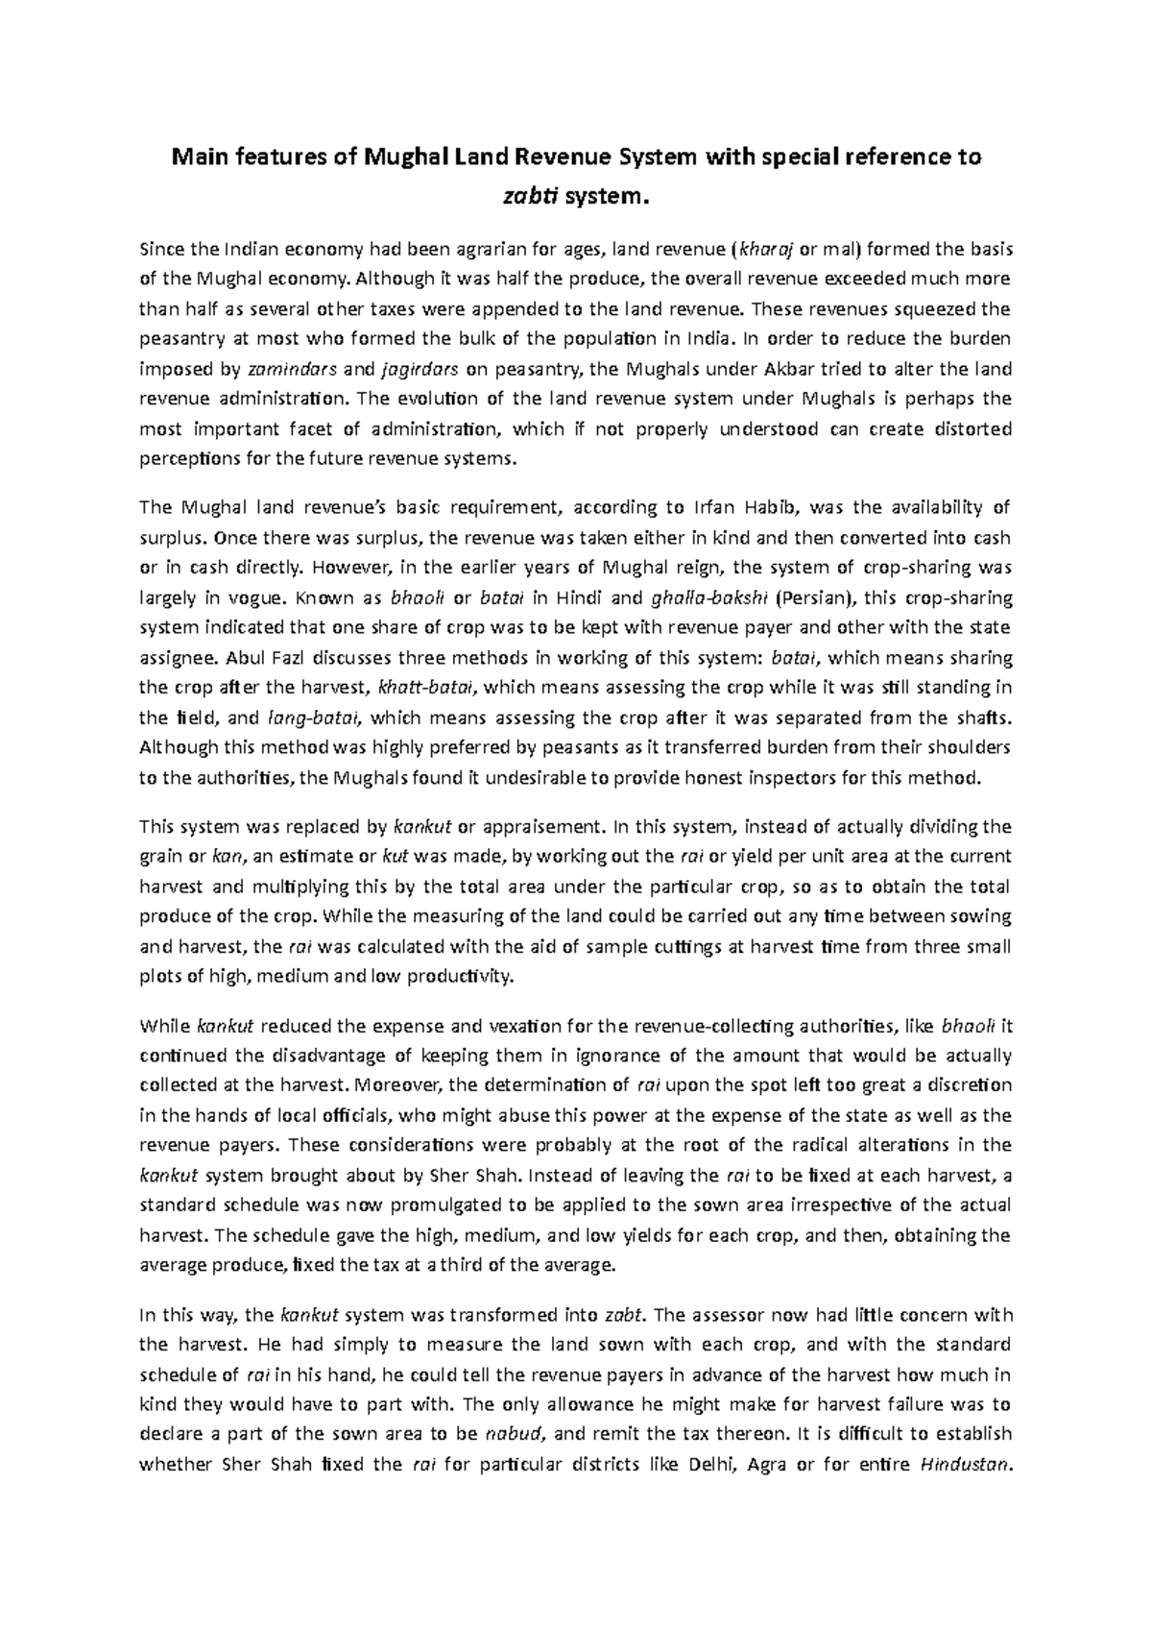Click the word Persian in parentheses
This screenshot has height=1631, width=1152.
(815, 598)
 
